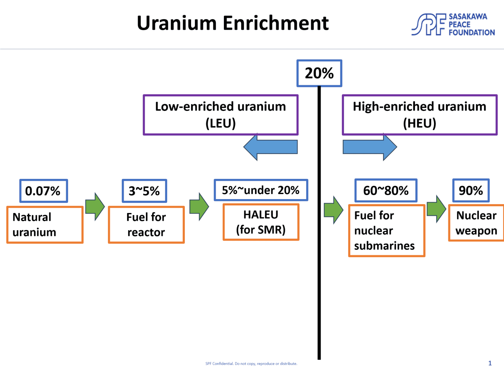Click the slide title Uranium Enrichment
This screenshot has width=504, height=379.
[x=233, y=23]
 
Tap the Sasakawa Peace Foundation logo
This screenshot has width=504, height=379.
[x=453, y=24]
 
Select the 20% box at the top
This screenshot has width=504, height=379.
[x=319, y=73]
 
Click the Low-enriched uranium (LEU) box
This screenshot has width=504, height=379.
[x=220, y=115]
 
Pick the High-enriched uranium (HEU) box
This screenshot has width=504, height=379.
[x=419, y=115]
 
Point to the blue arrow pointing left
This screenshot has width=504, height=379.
[x=270, y=147]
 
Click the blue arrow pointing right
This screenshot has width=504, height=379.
[x=370, y=147]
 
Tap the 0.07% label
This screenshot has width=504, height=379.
[x=44, y=191]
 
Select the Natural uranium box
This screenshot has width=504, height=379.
[x=45, y=225]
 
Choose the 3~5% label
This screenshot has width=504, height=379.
[x=144, y=191]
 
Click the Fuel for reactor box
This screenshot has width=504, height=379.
[x=146, y=225]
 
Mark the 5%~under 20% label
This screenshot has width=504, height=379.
[x=261, y=190]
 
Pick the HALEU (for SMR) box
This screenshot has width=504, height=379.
[x=261, y=222]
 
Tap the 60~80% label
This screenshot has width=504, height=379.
[x=386, y=190]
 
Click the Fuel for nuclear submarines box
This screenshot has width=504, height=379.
[x=386, y=230]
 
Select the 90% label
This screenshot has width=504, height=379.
[x=471, y=190]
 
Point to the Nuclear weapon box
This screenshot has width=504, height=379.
[x=476, y=223]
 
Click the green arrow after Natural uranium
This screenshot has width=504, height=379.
[x=95, y=207]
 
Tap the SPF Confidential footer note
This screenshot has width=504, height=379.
[x=251, y=363]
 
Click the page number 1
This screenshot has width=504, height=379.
[x=490, y=363]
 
